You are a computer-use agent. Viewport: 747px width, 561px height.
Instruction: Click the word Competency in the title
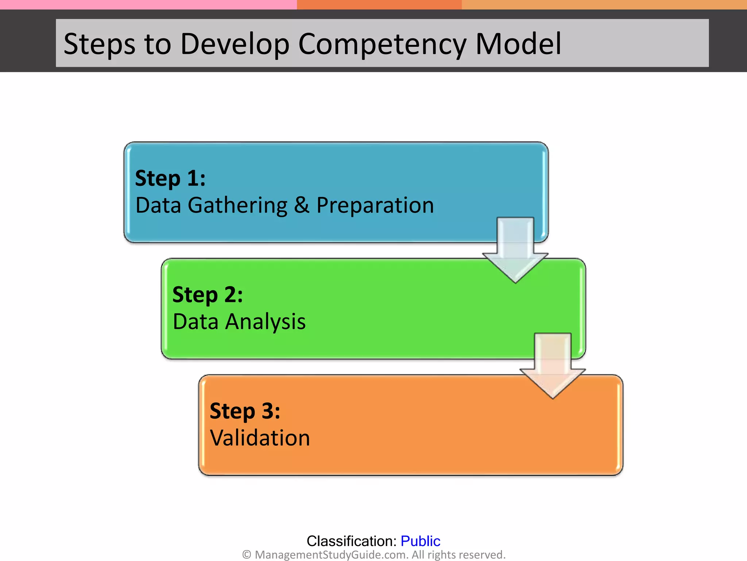tap(382, 45)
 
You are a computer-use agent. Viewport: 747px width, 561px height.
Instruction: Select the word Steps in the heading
tap(99, 45)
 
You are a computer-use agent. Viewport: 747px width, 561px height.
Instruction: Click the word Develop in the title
tap(235, 45)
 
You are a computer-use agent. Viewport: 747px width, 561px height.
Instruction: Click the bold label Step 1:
tap(170, 178)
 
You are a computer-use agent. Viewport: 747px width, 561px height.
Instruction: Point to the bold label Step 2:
tap(207, 295)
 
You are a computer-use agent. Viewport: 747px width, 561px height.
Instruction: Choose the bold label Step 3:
tap(245, 411)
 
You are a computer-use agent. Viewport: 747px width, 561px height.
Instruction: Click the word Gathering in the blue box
tap(237, 206)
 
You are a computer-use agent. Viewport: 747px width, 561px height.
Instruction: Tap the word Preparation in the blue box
tap(375, 206)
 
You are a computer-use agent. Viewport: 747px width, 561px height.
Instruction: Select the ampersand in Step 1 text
tap(302, 205)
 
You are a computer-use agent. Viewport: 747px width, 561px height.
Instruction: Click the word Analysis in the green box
tap(265, 322)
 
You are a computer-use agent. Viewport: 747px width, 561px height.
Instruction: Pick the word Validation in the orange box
tap(260, 438)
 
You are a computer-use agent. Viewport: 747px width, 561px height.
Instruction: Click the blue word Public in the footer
tap(420, 541)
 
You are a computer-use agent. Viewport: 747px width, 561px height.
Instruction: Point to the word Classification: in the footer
tap(351, 541)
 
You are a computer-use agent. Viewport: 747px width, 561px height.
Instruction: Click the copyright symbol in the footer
tap(247, 555)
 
